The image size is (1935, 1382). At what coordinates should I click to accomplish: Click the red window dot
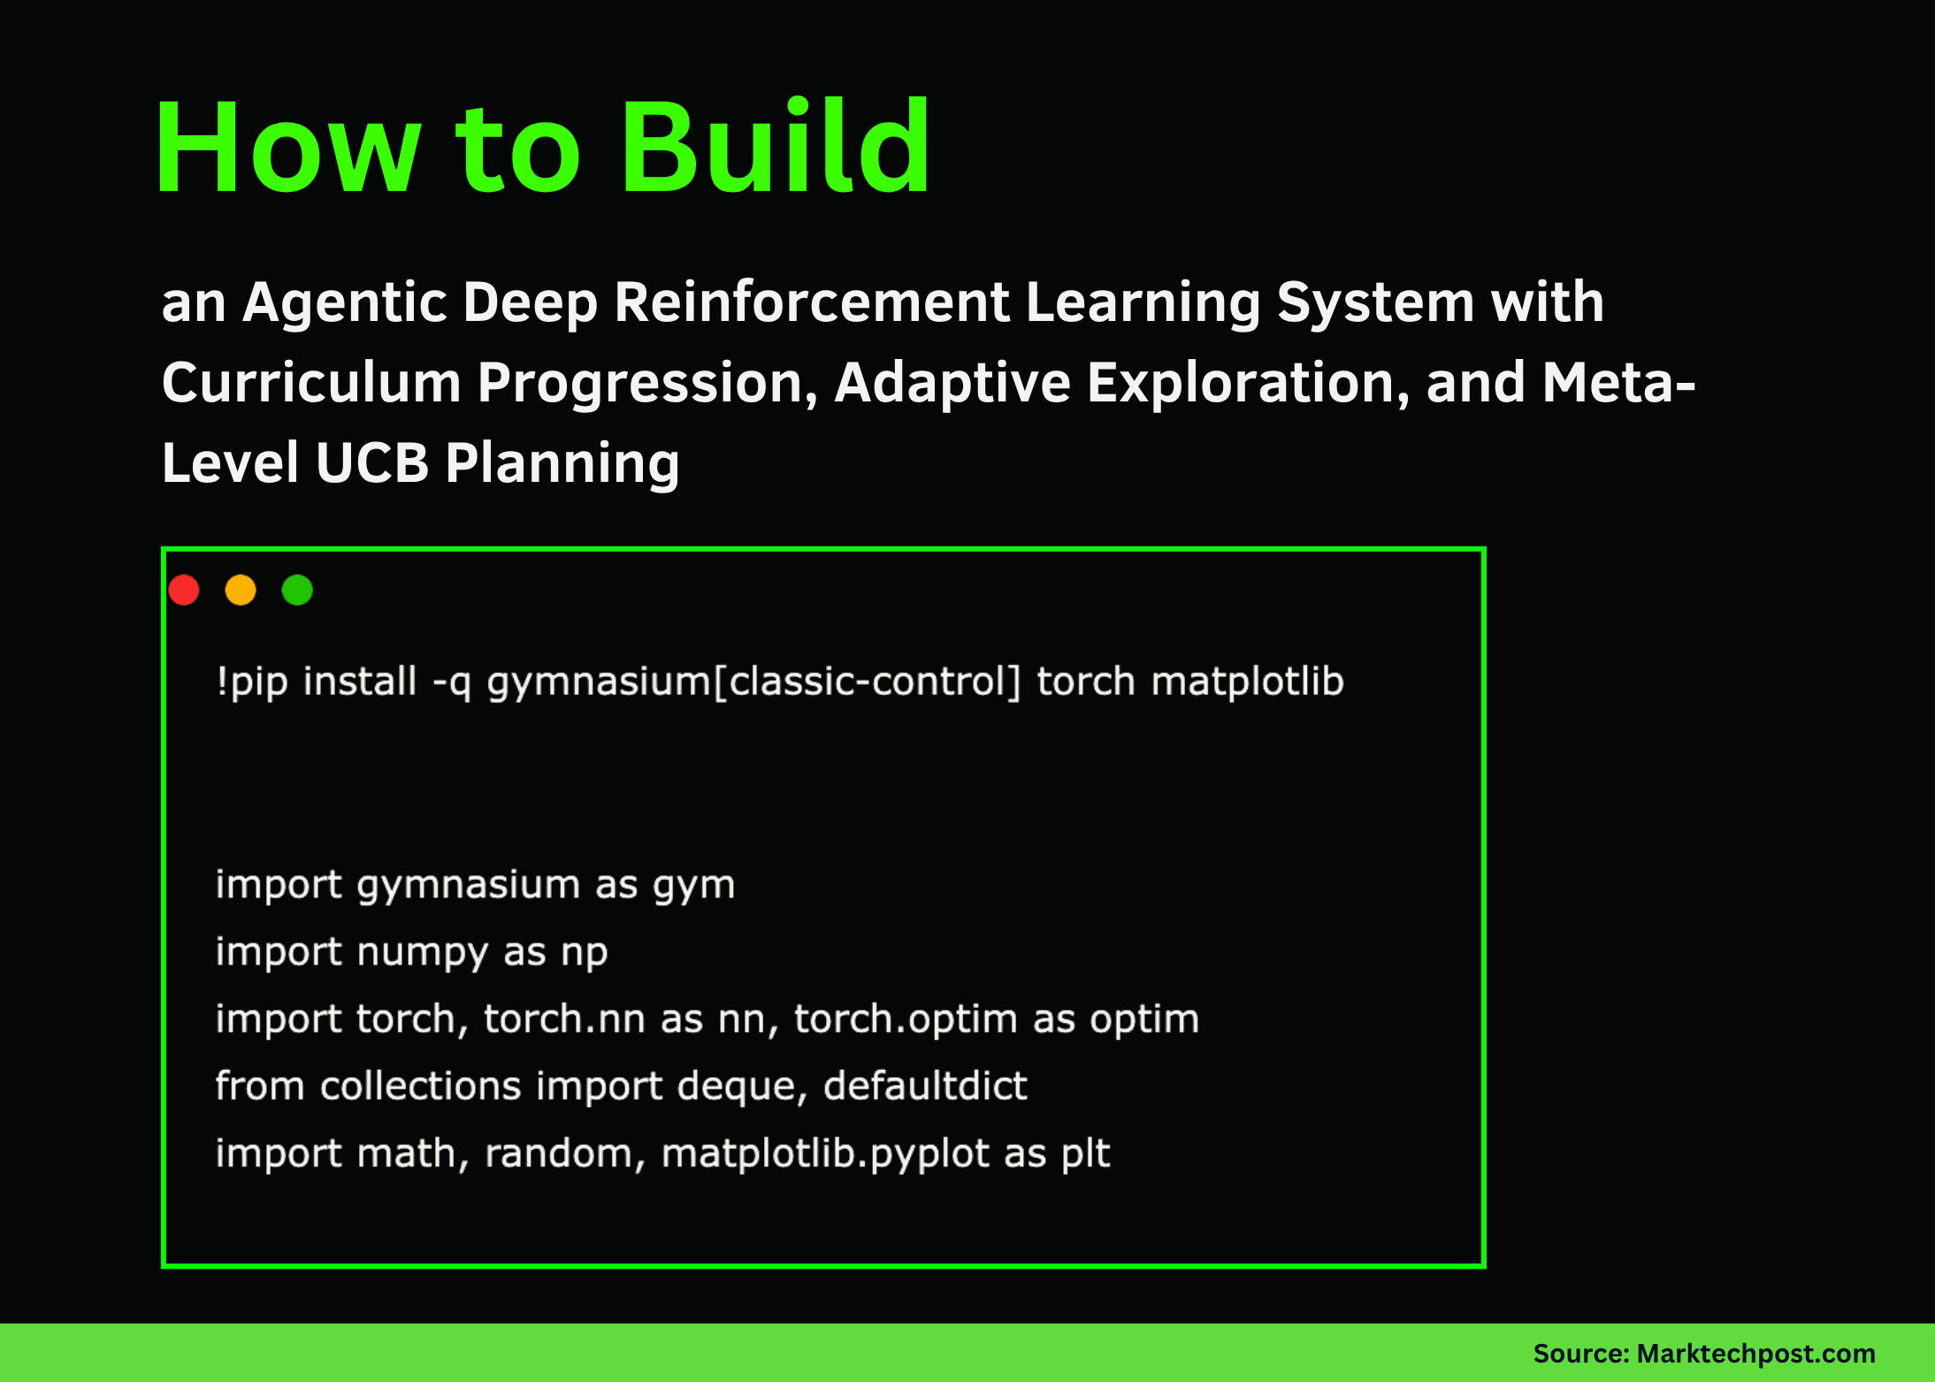[x=184, y=590]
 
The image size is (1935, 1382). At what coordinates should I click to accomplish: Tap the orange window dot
[x=241, y=590]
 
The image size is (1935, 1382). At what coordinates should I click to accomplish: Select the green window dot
[x=297, y=590]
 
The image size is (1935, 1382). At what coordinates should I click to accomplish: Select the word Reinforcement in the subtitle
[x=811, y=303]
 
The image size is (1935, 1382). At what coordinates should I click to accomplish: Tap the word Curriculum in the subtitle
[x=311, y=383]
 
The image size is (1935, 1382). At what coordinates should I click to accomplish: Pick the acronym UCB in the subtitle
[x=371, y=462]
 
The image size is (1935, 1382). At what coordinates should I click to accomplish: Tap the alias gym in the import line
[x=694, y=886]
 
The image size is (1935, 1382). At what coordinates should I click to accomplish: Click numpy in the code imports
[x=422, y=953]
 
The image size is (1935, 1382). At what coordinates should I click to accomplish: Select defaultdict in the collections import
[x=925, y=1086]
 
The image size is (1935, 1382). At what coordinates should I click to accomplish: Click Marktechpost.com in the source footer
[x=1755, y=1354]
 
